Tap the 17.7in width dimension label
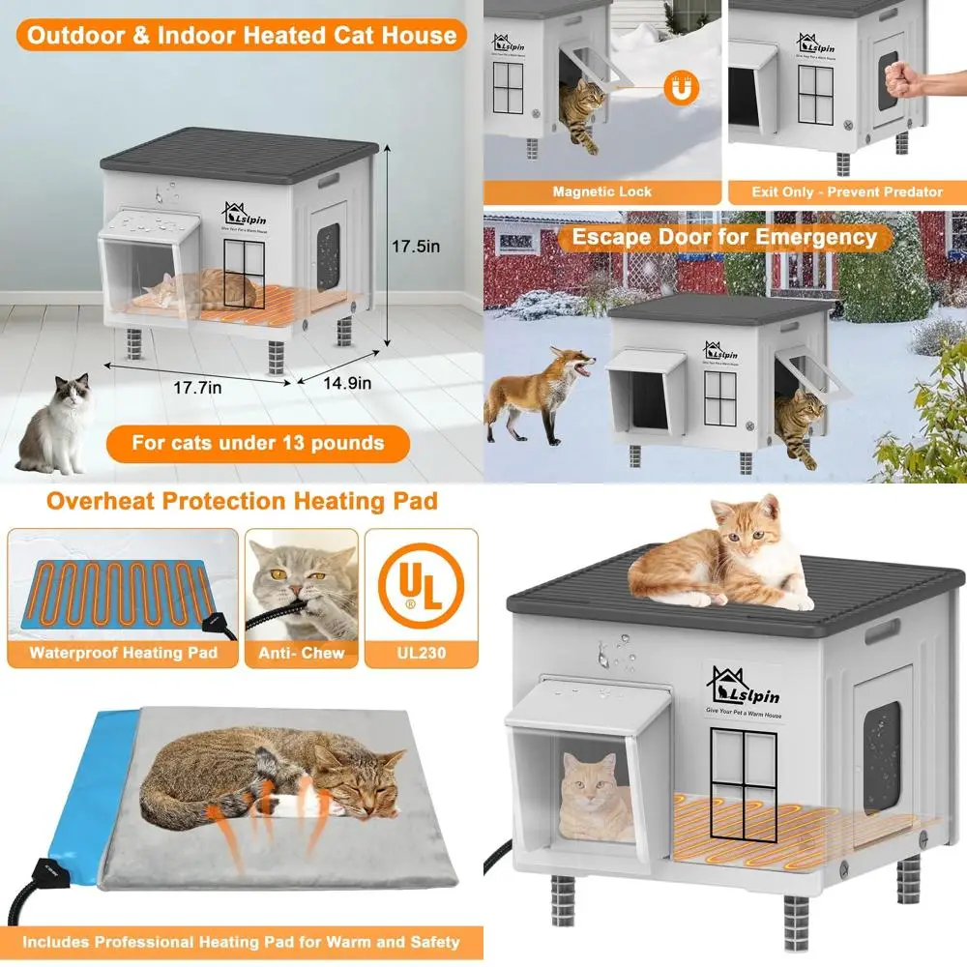198,387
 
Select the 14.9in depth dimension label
347,383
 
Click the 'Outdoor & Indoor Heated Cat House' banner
241,36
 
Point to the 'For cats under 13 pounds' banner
258,443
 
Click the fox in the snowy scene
538,393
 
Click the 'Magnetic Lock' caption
601,191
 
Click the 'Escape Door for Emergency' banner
723,237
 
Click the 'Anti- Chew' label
301,653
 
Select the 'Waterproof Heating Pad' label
122,653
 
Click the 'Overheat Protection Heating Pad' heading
242,501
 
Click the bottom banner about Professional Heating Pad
241,940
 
